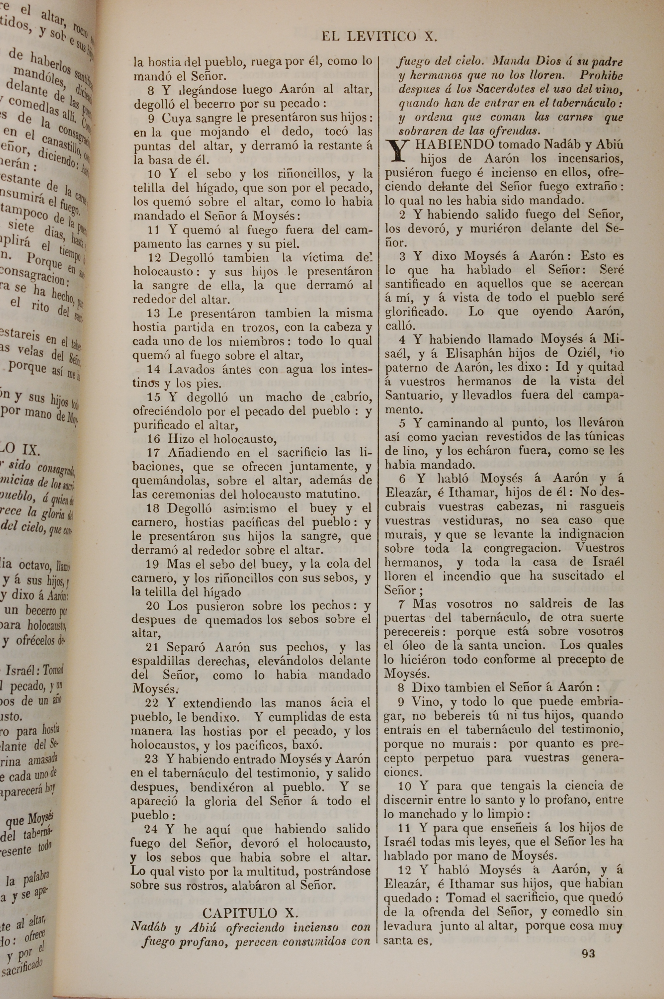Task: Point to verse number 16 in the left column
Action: click(x=153, y=439)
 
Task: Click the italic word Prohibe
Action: click(x=601, y=76)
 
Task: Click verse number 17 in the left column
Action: click(x=153, y=453)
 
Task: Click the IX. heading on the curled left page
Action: click(x=26, y=448)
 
